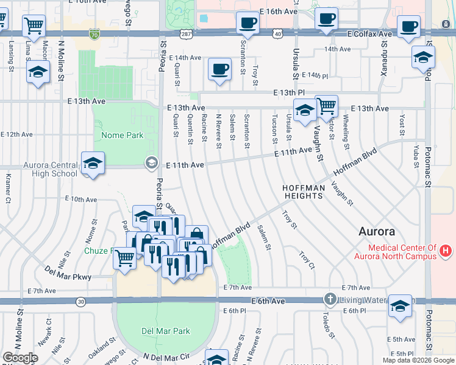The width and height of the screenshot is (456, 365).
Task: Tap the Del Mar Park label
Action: [165, 332]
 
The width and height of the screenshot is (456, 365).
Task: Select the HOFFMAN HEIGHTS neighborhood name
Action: [303, 192]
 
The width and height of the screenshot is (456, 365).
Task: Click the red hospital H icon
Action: [447, 251]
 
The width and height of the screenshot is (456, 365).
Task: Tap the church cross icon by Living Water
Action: [330, 299]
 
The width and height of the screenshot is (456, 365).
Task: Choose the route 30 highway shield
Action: [81, 301]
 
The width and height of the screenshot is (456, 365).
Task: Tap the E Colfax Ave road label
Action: [369, 34]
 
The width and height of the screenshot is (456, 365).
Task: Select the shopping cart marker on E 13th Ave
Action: [327, 106]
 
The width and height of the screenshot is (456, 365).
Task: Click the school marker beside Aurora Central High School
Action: [93, 163]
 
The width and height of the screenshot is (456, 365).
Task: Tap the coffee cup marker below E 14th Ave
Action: [219, 69]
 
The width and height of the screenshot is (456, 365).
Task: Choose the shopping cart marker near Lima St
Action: [34, 26]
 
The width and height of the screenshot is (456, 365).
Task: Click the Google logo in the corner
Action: [20, 357]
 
